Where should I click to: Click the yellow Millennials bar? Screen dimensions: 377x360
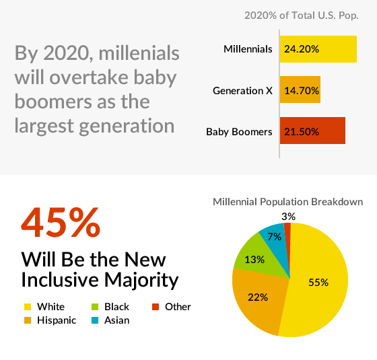(318, 49)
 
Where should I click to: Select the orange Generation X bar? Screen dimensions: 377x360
(300, 89)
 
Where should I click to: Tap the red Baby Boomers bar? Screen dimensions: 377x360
(312, 131)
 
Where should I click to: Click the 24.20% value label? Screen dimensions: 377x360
(302, 49)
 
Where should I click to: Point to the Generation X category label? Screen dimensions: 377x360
(242, 91)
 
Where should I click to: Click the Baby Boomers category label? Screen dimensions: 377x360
(239, 132)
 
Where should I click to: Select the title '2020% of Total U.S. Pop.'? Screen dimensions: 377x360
(302, 15)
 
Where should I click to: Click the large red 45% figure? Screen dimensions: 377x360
(61, 223)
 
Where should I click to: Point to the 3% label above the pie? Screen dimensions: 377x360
(289, 217)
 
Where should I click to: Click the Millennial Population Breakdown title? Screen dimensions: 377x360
(288, 202)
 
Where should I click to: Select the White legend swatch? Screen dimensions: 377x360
(28, 307)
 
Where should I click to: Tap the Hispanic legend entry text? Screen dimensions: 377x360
(57, 320)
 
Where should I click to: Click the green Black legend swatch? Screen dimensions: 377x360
(95, 307)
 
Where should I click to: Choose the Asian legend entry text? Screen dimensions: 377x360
(117, 320)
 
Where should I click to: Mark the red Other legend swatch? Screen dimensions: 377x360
(156, 307)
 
